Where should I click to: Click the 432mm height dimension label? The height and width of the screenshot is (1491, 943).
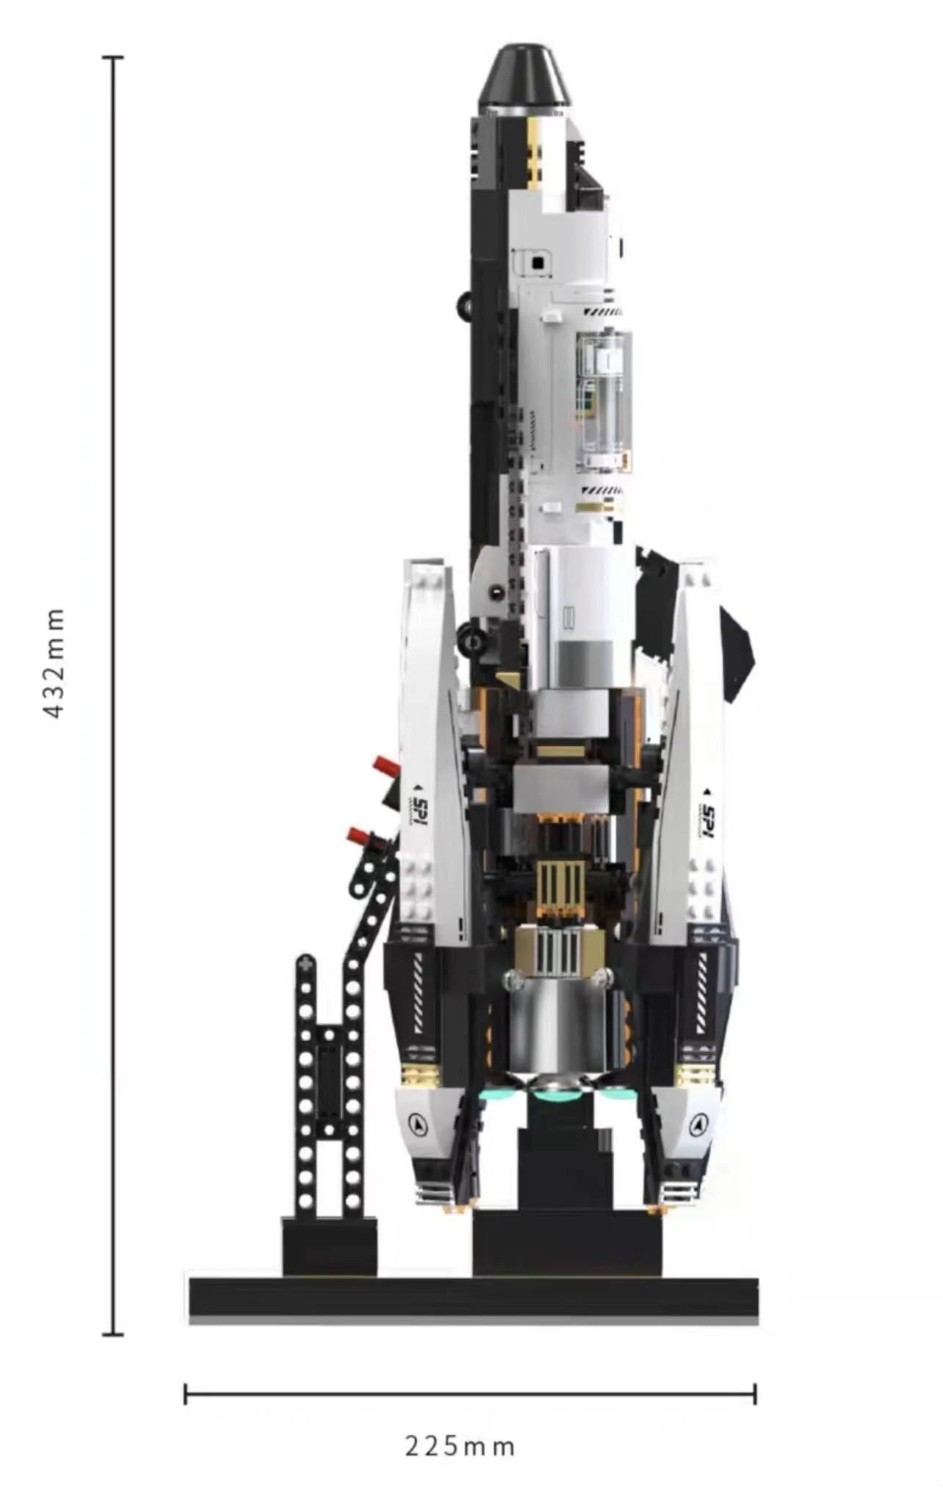[55, 663]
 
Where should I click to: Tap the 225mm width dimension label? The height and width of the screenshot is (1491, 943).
[460, 1446]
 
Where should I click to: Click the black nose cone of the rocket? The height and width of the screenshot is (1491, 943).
[524, 76]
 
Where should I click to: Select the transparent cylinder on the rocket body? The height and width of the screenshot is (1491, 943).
[604, 401]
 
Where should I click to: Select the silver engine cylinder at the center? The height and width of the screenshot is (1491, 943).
[556, 1031]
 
